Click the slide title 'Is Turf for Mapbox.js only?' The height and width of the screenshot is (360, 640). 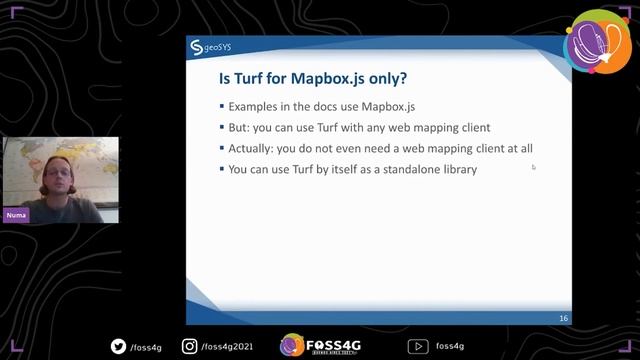(312, 78)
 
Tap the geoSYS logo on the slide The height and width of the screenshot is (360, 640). (210, 47)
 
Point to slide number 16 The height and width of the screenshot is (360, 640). (564, 318)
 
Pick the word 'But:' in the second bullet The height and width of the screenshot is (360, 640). (240, 127)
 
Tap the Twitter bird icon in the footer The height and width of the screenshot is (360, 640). (119, 346)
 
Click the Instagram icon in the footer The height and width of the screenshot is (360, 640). (189, 346)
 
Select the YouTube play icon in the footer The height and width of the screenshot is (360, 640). (417, 346)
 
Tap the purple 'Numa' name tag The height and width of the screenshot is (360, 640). (15, 215)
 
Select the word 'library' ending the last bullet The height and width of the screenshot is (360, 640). (457, 169)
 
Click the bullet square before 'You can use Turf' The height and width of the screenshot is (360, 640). (221, 170)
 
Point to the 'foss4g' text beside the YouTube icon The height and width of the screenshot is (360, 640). (449, 347)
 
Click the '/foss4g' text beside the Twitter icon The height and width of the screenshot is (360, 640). (145, 347)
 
